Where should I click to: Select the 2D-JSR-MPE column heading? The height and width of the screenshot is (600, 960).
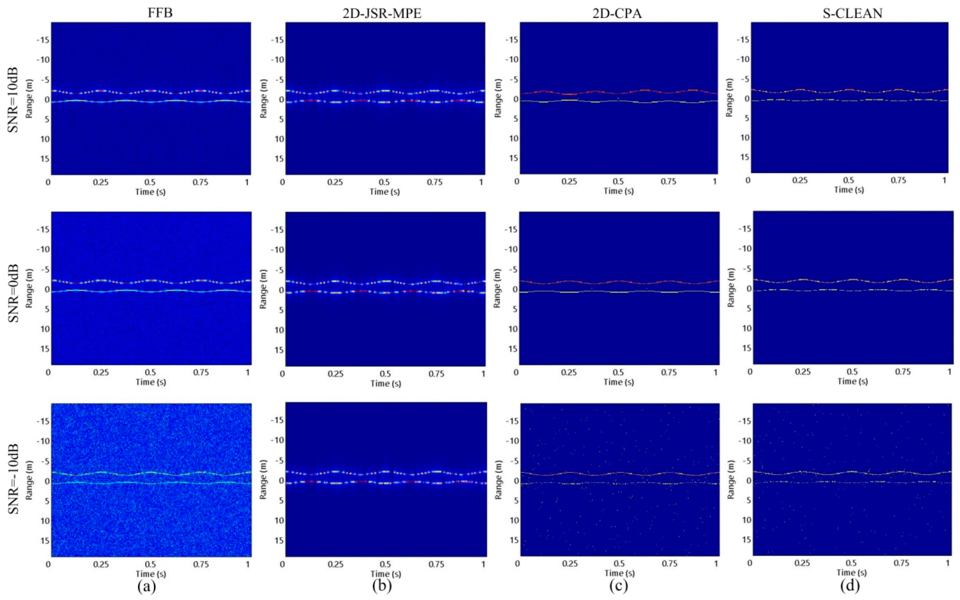(382, 13)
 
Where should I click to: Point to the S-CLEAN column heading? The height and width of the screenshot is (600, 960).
(853, 13)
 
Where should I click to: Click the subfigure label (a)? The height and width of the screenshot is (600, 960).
(147, 586)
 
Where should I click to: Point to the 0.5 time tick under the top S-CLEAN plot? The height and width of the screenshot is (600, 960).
(849, 180)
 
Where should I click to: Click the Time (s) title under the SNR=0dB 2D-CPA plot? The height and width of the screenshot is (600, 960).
(619, 382)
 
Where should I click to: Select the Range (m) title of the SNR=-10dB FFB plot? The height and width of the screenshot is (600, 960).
(29, 480)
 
